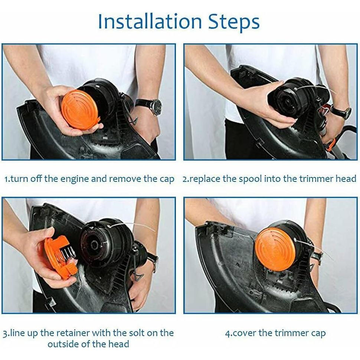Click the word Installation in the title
pyautogui.click(x=150, y=22)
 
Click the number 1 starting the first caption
pyautogui.click(x=6, y=179)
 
